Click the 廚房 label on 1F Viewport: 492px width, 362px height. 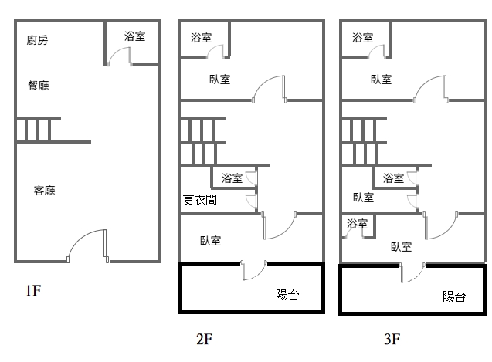click(x=37, y=40)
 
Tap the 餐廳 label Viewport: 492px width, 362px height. click(x=38, y=86)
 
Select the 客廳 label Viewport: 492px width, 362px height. click(x=44, y=190)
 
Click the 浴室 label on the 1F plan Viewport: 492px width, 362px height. click(x=135, y=36)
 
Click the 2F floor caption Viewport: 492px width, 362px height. click(x=204, y=338)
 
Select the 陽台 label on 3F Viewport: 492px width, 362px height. click(x=453, y=296)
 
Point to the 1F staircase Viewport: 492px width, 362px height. click(x=38, y=130)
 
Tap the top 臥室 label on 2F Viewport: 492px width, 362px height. click(x=219, y=79)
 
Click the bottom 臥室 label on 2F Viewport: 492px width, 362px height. click(x=210, y=240)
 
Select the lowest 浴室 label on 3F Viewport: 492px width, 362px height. click(x=357, y=225)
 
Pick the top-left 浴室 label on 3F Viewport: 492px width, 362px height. click(x=362, y=37)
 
